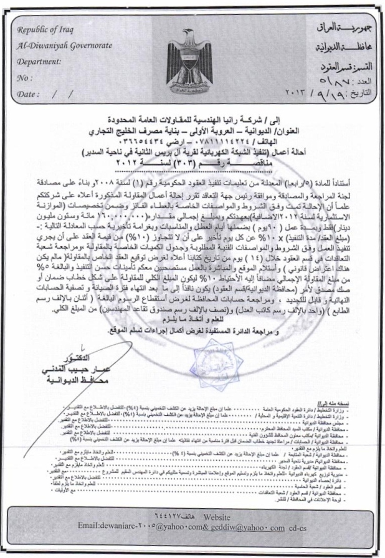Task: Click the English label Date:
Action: (x=27, y=95)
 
